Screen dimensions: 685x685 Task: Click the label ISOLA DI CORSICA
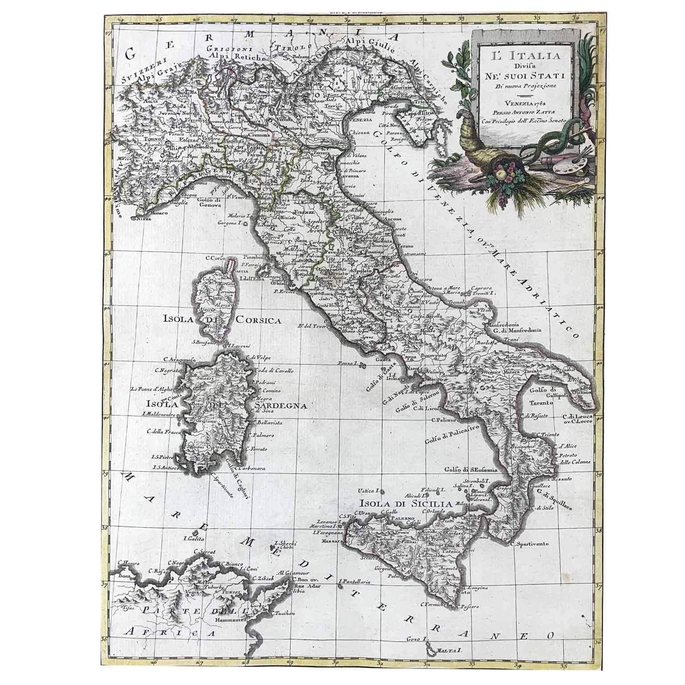221,320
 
